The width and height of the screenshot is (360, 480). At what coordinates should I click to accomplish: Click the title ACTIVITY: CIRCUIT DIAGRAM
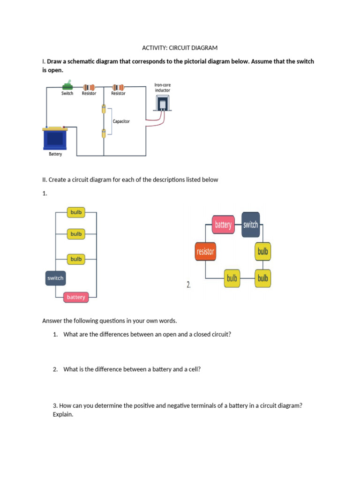[x=180, y=48]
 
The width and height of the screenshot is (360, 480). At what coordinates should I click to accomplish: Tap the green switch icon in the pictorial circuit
[x=67, y=86]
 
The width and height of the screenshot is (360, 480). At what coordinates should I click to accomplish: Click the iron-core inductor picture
[x=162, y=104]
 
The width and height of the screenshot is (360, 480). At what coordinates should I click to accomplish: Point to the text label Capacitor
[x=121, y=121]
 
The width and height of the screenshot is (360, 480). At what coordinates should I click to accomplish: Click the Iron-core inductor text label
[x=162, y=88]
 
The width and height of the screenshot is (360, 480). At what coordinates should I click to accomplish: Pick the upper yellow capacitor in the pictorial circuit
[x=104, y=110]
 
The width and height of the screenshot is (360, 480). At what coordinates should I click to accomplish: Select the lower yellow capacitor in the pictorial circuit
[x=104, y=134]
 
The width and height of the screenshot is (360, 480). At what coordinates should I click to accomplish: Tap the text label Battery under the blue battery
[x=55, y=154]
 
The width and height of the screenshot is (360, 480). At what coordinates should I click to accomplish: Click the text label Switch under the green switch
[x=67, y=93]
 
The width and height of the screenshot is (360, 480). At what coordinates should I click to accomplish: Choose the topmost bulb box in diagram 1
[x=76, y=212]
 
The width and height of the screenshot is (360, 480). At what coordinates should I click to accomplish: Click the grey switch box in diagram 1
[x=55, y=278]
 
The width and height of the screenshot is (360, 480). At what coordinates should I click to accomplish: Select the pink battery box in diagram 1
[x=76, y=297]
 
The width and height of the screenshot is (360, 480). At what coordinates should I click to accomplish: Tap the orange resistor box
[x=205, y=252]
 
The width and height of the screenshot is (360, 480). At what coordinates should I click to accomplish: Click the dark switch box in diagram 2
[x=250, y=225]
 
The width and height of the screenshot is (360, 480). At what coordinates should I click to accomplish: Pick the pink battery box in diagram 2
[x=223, y=225]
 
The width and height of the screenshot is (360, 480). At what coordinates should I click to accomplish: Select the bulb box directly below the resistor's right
[x=232, y=278]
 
